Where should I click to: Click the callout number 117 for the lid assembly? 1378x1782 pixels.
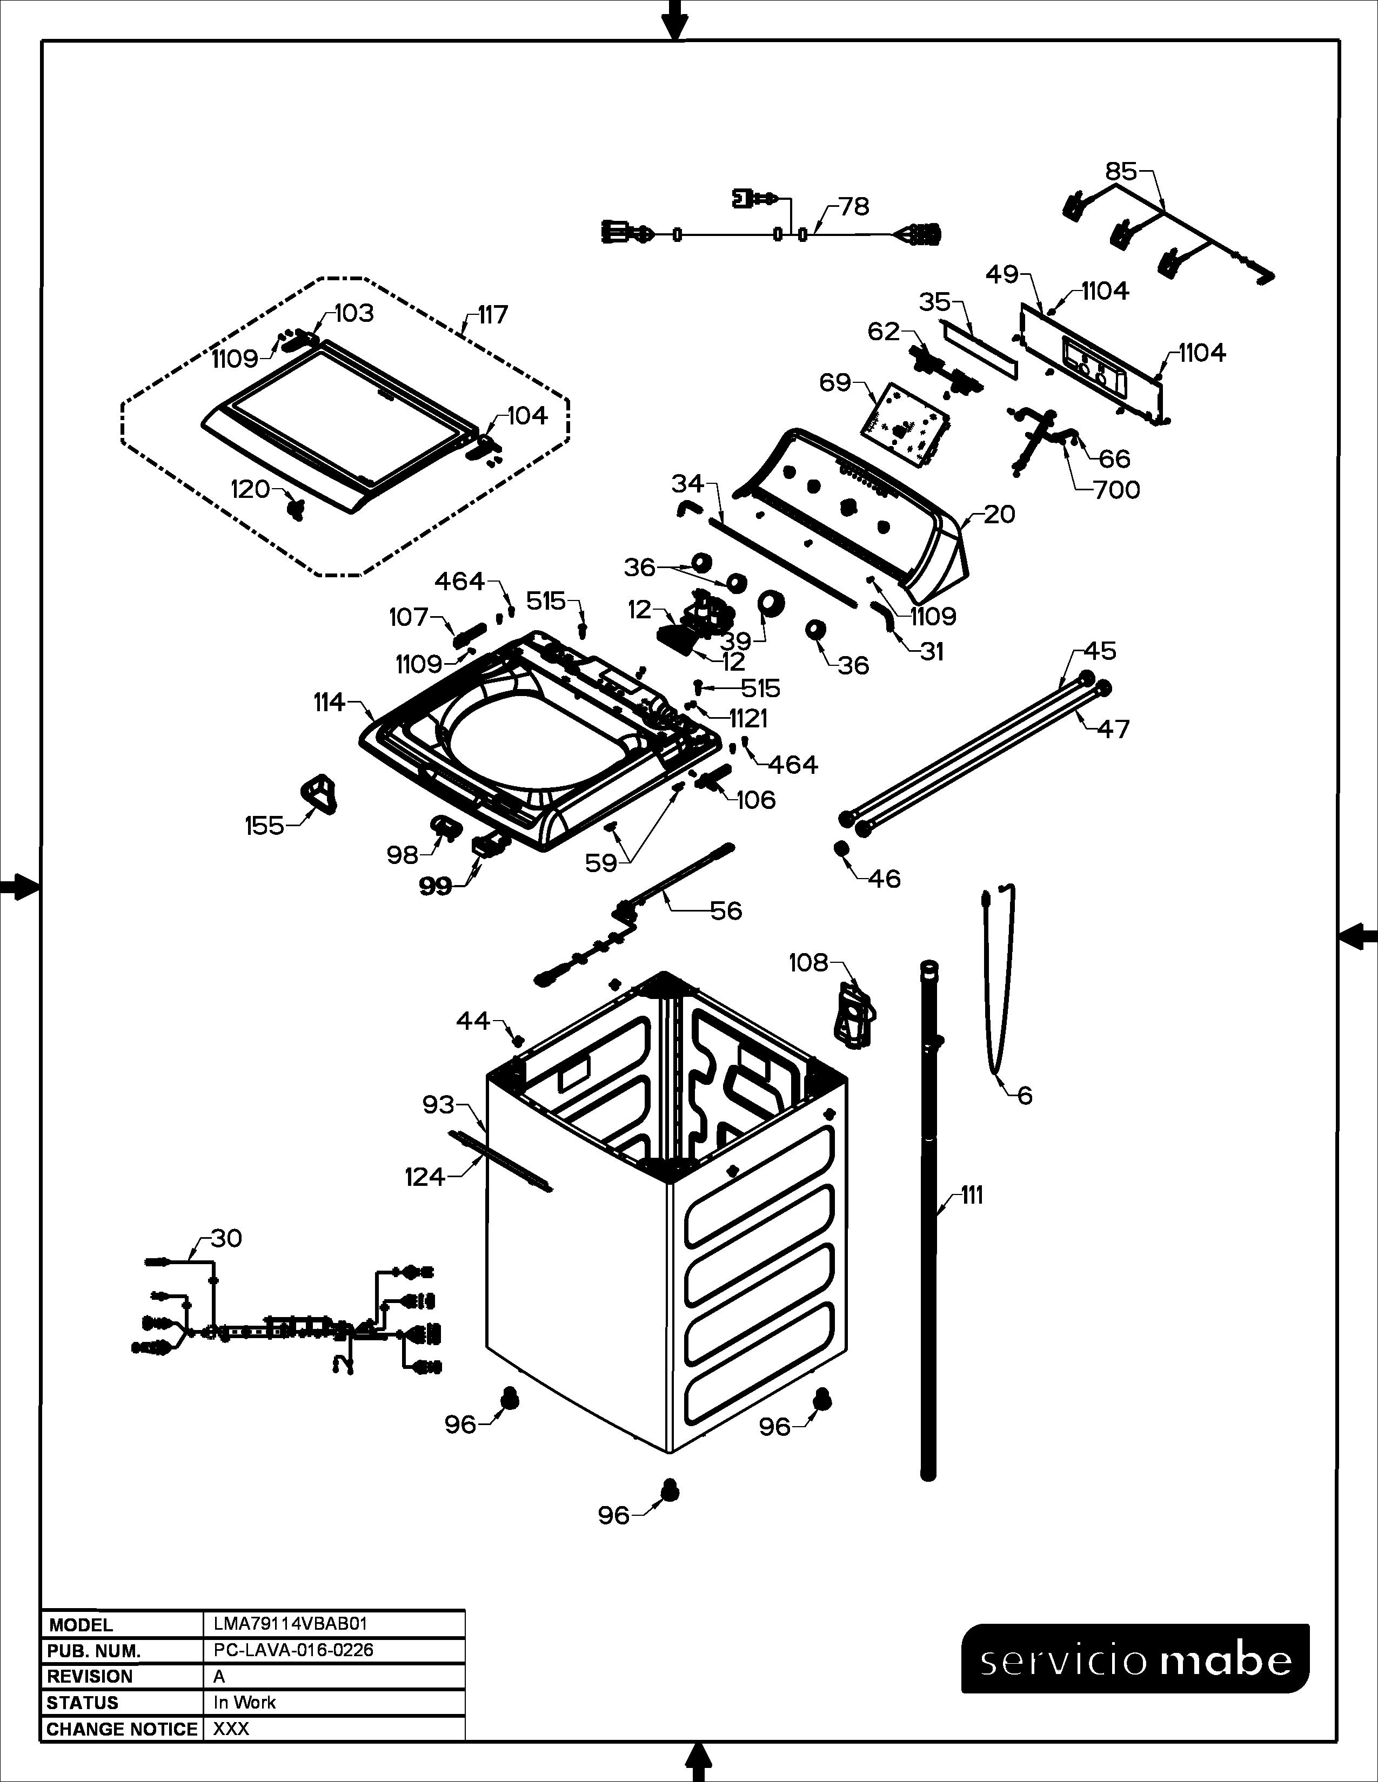pyautogui.click(x=493, y=314)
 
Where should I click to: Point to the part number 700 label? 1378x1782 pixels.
pyautogui.click(x=1117, y=490)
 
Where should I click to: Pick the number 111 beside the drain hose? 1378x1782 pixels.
pyautogui.click(x=972, y=1196)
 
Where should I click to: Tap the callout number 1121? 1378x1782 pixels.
pyautogui.click(x=748, y=718)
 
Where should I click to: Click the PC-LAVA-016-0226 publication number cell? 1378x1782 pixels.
pyautogui.click(x=293, y=1650)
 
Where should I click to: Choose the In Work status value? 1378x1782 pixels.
pyautogui.click(x=244, y=1703)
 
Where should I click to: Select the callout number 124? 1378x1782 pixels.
pyautogui.click(x=425, y=1177)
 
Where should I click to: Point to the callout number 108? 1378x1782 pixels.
pyautogui.click(x=808, y=963)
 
